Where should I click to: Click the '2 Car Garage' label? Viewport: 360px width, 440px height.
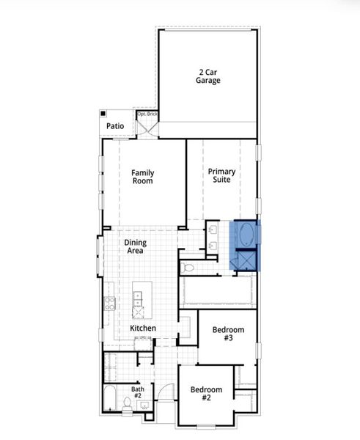tap(207, 76)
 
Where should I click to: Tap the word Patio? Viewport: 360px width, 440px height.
tap(115, 126)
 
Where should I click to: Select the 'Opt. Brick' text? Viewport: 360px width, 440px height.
tap(147, 114)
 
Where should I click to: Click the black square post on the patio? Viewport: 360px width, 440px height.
tap(104, 114)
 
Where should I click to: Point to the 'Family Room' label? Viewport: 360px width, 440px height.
tap(143, 177)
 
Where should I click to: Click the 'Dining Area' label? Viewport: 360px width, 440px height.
tap(134, 246)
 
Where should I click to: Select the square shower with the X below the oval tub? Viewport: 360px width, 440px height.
tap(247, 260)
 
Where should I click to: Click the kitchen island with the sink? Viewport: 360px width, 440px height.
tap(138, 300)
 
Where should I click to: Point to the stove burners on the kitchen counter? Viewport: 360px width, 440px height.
tap(110, 302)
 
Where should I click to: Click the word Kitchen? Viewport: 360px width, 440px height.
tap(142, 328)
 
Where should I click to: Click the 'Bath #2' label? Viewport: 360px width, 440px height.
tap(138, 393)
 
